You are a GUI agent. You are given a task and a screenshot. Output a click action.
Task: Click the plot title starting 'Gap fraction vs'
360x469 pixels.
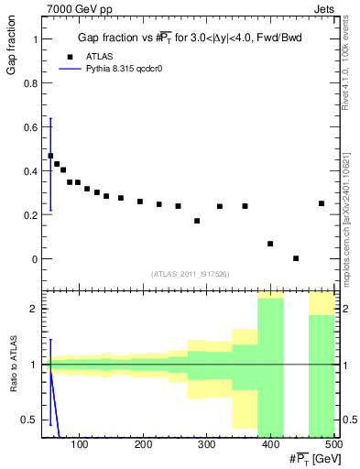point(189,38)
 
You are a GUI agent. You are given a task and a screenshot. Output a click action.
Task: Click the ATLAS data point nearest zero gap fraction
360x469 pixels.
point(296,258)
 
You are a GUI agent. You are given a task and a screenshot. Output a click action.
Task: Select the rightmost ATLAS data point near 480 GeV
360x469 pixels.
point(322,203)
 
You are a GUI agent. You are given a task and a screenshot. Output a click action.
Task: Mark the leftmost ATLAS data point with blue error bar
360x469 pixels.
point(50,156)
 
